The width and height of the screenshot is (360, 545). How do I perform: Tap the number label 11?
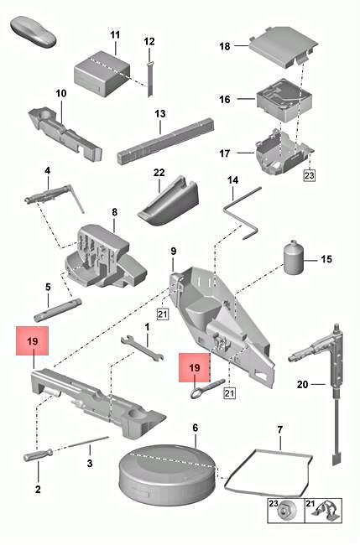[115, 35]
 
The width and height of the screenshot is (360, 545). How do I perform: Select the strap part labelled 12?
[151, 75]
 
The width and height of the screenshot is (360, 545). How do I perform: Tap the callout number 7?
[280, 429]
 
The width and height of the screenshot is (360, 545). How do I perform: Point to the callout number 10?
[61, 93]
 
